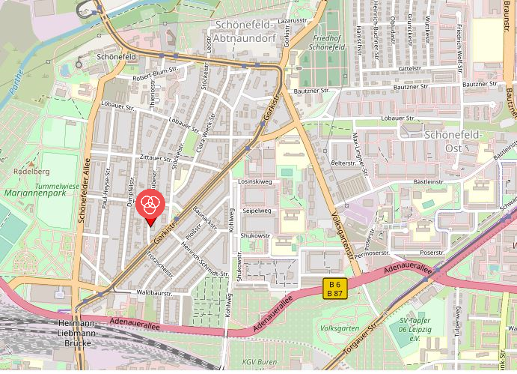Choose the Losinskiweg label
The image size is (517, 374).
[x=254, y=181]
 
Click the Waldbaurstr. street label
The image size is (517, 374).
[x=155, y=293]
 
